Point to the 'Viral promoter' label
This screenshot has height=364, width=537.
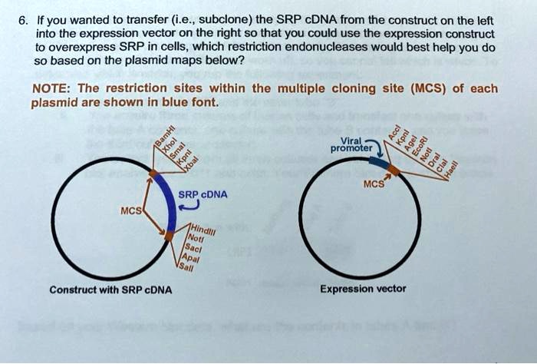pyautogui.click(x=356, y=144)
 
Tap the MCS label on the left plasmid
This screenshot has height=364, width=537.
pyautogui.click(x=129, y=210)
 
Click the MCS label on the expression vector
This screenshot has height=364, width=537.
pyautogui.click(x=375, y=184)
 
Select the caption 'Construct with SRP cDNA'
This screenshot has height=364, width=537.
pyautogui.click(x=110, y=290)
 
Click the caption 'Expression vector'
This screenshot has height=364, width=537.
pyautogui.click(x=363, y=290)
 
